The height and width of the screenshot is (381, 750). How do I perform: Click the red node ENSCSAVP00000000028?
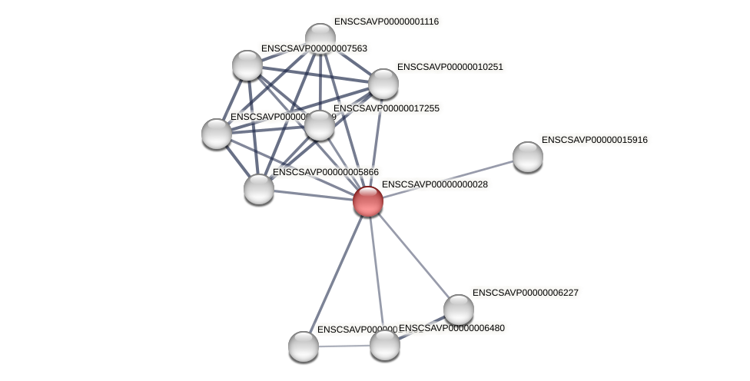[x=367, y=201]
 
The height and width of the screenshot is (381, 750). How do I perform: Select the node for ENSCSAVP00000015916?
[x=527, y=157]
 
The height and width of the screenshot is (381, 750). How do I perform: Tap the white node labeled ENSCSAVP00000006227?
[x=459, y=310]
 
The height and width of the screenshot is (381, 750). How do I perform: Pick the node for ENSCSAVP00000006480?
[x=384, y=344]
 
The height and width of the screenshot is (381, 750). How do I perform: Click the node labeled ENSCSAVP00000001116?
[x=320, y=38]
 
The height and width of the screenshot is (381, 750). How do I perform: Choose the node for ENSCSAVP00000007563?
[x=247, y=65]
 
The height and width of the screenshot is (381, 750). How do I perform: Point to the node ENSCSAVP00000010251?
[x=383, y=84]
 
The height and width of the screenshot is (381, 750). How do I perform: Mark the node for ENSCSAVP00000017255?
[x=320, y=125]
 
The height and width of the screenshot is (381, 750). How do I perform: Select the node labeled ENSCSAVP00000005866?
[x=259, y=188]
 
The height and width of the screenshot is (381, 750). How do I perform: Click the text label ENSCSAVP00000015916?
[x=594, y=140]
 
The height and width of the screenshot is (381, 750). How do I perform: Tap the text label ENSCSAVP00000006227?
[x=525, y=293]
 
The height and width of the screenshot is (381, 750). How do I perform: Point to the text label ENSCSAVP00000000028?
[x=434, y=184]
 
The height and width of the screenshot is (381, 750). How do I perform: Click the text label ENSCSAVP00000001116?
[x=386, y=22]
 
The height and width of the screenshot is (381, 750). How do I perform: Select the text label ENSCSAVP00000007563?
[x=314, y=48]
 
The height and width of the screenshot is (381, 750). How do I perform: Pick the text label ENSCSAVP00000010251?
[x=450, y=67]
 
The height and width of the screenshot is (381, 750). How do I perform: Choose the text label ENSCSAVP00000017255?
[x=386, y=108]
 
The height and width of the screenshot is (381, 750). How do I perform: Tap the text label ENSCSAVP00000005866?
[x=325, y=172]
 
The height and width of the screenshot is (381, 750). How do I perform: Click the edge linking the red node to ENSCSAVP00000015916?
[x=447, y=179]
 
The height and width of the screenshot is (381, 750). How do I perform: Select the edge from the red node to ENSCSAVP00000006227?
[x=413, y=255]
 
